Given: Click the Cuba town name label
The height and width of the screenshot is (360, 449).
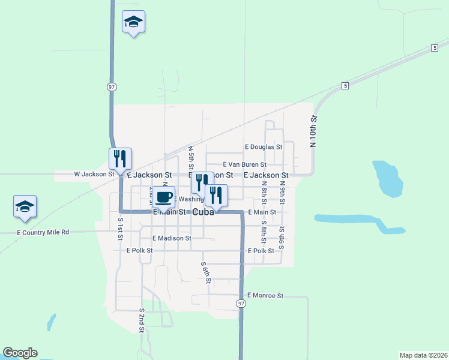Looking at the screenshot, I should click(203, 212).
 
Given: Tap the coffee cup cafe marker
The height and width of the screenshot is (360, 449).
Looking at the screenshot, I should click(163, 196).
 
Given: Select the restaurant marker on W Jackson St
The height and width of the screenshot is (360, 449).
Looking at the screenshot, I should click(120, 158).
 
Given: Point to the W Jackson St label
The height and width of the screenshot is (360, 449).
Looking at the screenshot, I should click(94, 174).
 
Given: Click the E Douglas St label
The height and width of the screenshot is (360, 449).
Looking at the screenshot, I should click(263, 146).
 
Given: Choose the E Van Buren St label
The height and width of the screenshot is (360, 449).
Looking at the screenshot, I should click(244, 164).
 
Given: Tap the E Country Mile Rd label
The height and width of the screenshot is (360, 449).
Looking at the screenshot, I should click(43, 232).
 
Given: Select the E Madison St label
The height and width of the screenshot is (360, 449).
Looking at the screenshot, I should click(172, 238).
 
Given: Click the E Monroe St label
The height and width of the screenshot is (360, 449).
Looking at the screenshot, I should click(265, 296).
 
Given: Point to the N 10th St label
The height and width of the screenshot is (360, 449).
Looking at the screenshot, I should click(313, 133).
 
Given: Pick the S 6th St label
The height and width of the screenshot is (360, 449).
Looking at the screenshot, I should click(205, 273).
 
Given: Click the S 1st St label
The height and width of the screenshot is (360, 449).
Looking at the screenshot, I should click(120, 229).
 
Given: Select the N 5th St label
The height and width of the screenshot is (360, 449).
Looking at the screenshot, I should click(190, 157).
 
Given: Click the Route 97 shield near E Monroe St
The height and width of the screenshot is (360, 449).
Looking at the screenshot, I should click(241, 304).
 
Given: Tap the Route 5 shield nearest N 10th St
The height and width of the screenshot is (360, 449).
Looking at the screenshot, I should click(345, 86).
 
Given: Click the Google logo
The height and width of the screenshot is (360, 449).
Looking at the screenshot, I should click(20, 353).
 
